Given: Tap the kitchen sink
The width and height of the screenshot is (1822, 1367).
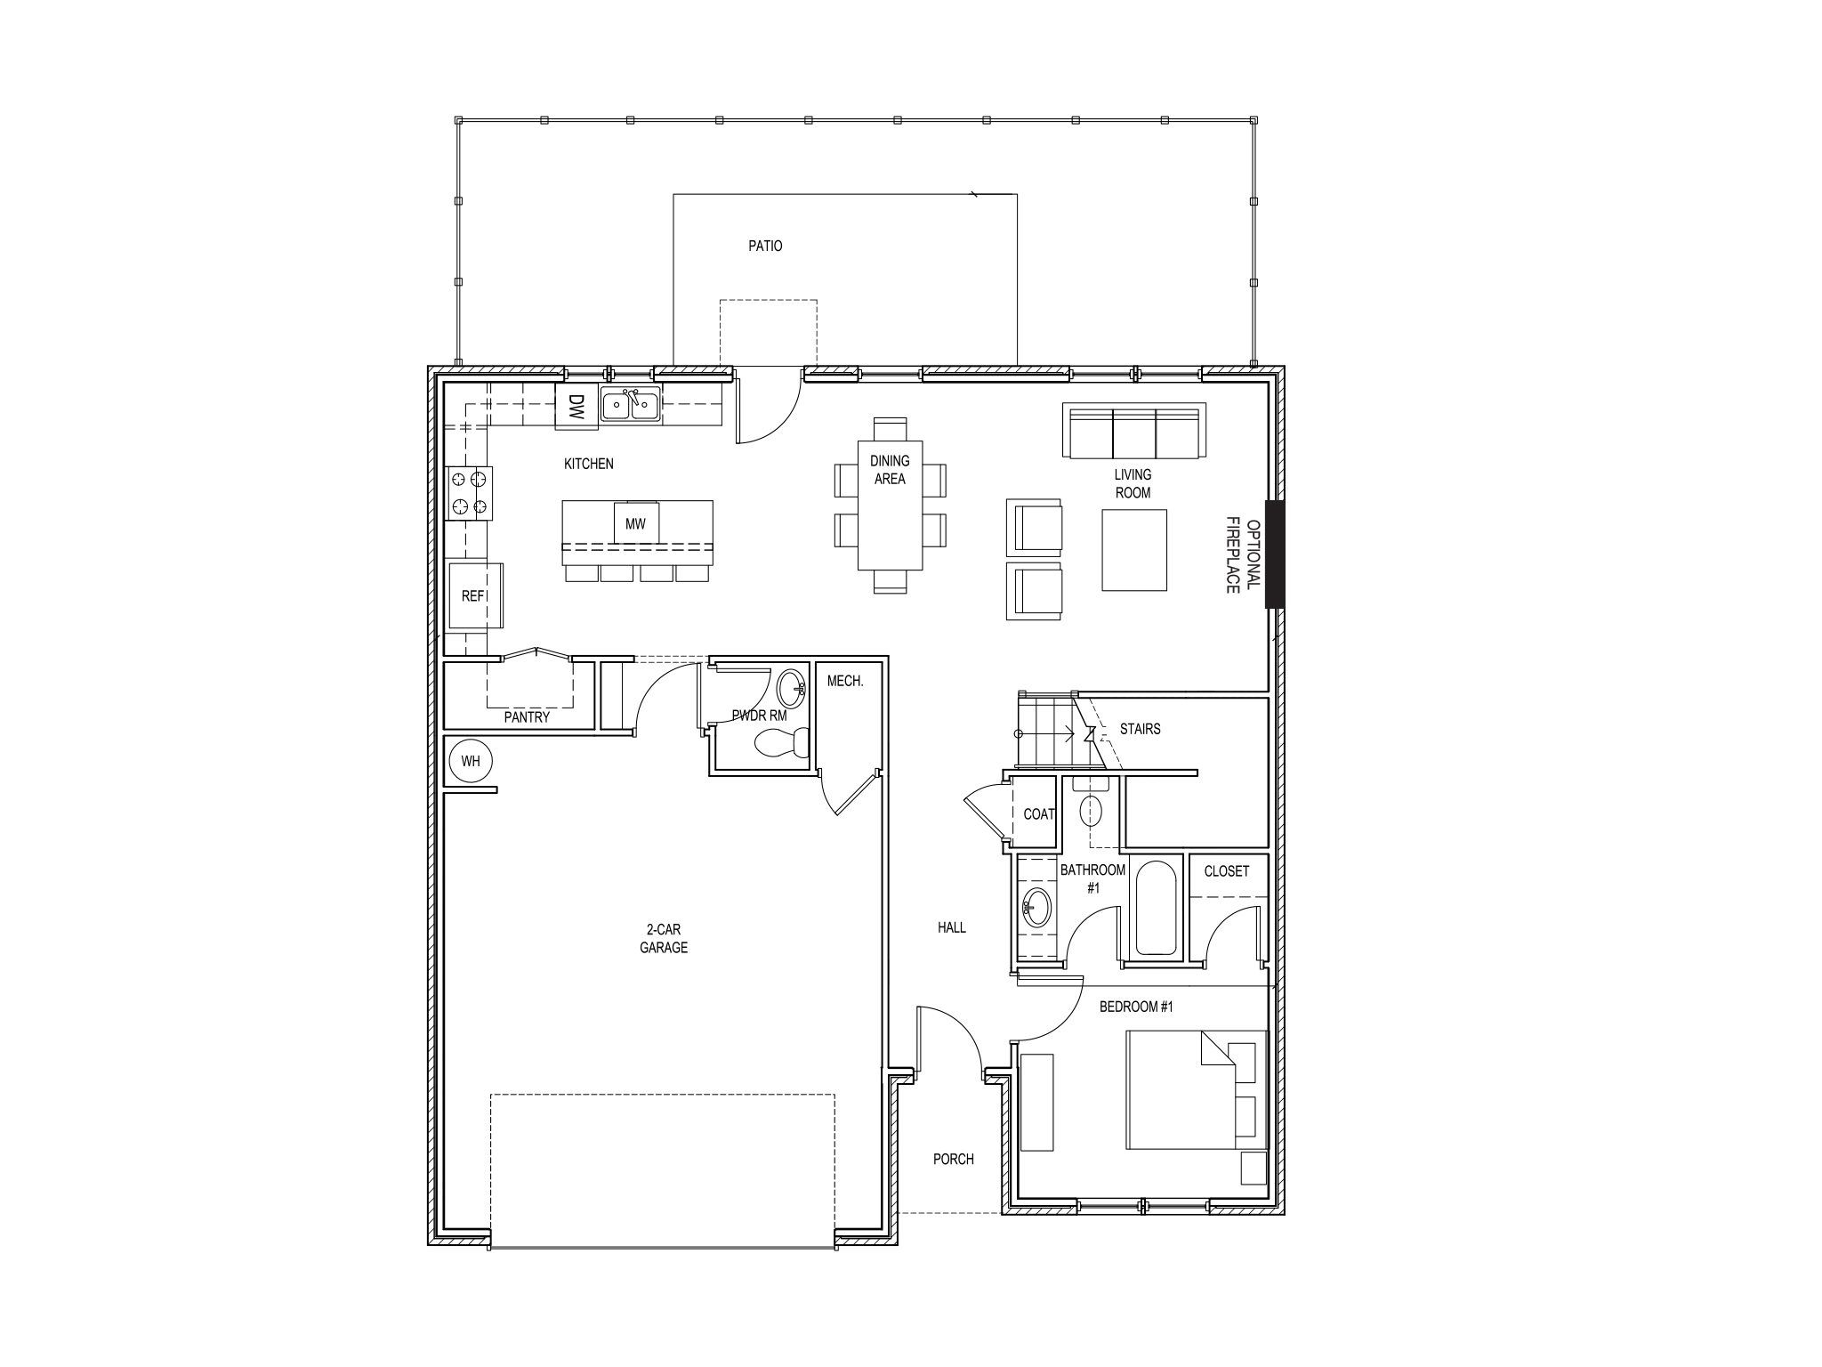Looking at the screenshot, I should (630, 405).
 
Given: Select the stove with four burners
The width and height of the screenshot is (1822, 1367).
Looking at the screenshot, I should (469, 493).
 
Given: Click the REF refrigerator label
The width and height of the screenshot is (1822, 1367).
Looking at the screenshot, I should (472, 596).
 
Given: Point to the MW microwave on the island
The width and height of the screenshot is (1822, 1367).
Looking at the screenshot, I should (635, 524).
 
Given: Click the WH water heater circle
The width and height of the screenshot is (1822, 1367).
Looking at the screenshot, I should (470, 761).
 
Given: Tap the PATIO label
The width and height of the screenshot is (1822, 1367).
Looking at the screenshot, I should (765, 246).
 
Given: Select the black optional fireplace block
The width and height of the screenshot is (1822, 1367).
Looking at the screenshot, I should (1274, 554).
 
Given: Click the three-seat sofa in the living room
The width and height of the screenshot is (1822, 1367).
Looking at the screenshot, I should (1134, 431).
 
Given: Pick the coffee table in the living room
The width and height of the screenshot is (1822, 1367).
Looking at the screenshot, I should (1134, 549).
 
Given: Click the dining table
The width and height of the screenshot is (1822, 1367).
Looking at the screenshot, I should (890, 505).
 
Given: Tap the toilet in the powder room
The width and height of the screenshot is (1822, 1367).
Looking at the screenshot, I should (781, 741).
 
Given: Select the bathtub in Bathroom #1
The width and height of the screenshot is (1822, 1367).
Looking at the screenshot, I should (1157, 909).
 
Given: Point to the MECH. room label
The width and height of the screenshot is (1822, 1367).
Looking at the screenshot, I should (845, 682).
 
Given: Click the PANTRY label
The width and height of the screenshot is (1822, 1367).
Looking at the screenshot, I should (527, 716).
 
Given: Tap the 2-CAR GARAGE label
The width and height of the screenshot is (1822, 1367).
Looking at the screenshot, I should (664, 939).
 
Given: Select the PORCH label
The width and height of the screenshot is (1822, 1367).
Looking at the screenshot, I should (953, 1159).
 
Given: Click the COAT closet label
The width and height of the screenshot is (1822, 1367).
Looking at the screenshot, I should (1038, 813).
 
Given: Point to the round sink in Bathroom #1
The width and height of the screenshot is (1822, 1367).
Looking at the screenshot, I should (1036, 909).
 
